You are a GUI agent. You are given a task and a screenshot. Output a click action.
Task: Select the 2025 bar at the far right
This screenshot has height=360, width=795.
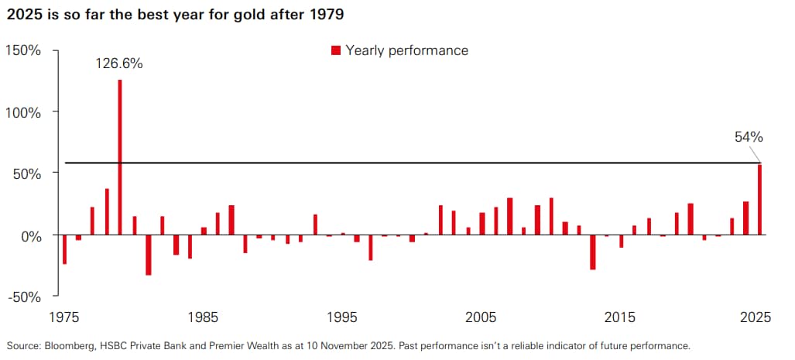click(759, 199)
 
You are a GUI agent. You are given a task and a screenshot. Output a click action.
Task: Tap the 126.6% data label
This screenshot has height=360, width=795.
click(119, 64)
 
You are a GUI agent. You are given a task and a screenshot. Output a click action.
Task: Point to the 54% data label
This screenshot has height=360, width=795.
click(749, 137)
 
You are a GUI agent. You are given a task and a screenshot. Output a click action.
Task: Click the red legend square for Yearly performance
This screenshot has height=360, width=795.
click(336, 51)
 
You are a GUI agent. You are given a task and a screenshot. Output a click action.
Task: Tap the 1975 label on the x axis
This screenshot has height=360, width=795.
click(63, 317)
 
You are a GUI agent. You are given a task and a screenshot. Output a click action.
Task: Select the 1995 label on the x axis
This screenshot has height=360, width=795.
click(341, 317)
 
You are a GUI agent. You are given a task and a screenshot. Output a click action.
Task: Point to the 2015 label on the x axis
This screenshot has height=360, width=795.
click(620, 317)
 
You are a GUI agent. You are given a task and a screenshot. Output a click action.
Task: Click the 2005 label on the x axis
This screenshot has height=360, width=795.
click(481, 317)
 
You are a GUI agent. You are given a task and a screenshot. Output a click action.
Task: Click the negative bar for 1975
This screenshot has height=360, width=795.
click(64, 249)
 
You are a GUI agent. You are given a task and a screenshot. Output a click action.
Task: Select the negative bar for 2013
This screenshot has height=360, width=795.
click(593, 252)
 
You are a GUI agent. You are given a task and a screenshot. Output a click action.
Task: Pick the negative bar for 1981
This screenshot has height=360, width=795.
click(148, 255)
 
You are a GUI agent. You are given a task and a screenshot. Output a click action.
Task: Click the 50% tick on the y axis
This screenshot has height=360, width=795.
click(30, 173)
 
